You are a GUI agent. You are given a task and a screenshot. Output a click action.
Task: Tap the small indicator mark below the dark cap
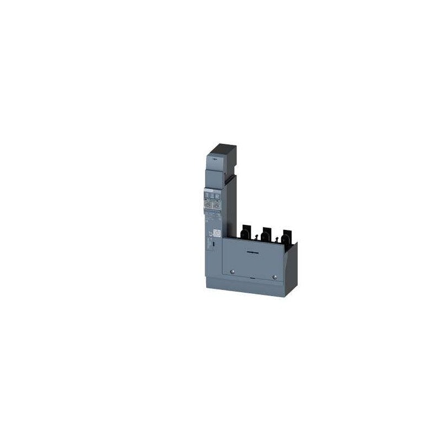coord(214,158)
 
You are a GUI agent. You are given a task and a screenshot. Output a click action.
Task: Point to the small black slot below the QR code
coord(213,243)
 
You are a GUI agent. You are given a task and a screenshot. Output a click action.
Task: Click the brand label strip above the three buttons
coord(212,189)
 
